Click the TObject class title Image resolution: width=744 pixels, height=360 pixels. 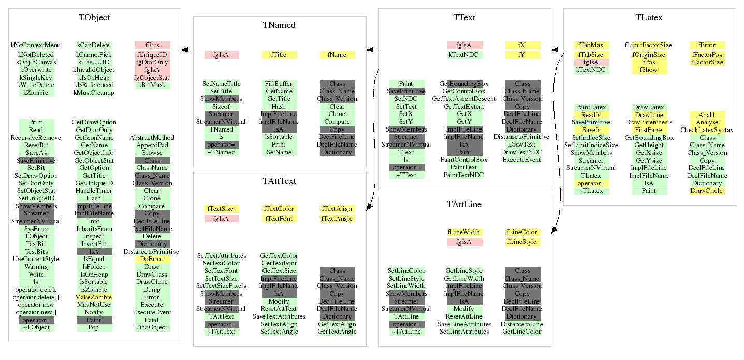point(94,17)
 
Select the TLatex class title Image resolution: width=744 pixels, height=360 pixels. point(649,17)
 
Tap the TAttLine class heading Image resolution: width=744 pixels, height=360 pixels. point(464,204)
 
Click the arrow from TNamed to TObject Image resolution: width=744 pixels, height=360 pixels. point(187,50)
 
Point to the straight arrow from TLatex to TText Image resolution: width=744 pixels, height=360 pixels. point(557,50)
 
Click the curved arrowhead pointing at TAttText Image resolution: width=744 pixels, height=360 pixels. point(370,207)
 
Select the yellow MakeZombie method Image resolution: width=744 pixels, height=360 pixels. point(94,297)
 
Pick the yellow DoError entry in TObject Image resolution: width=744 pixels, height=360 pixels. point(152,259)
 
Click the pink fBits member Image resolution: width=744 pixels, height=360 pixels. point(152,45)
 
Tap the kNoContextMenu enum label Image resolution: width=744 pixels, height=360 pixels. point(36,45)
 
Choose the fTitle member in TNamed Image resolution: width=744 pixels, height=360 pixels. point(280,55)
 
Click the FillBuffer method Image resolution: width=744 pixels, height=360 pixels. point(279,84)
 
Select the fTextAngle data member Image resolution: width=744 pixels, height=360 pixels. point(337,219)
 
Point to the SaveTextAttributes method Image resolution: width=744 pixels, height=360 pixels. point(279,316)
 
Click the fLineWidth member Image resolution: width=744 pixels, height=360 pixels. point(464,232)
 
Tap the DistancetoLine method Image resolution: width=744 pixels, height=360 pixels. point(522,324)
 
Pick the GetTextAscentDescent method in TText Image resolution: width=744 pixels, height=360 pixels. point(464,99)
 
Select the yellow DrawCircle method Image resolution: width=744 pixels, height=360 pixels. point(707,191)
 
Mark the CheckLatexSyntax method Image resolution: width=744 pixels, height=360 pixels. point(707,130)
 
